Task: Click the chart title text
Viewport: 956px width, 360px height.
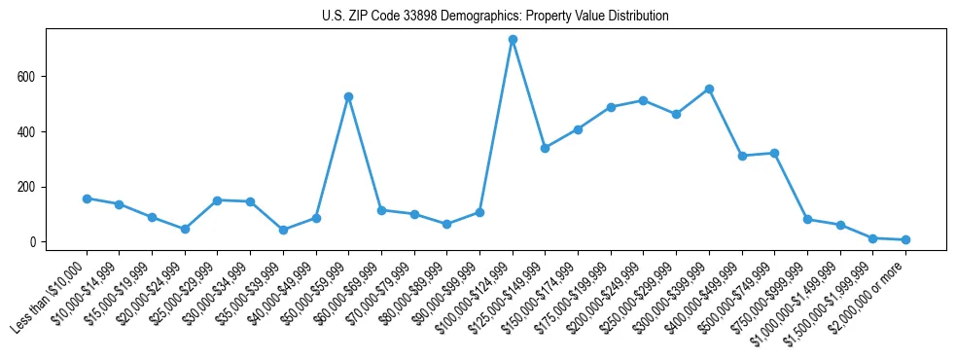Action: click(495, 17)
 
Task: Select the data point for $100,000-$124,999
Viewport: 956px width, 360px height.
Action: click(513, 40)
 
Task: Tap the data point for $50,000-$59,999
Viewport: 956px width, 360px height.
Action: click(348, 97)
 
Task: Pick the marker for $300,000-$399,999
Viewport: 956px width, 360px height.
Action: click(709, 89)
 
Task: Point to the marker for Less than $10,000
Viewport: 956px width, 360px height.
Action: click(87, 198)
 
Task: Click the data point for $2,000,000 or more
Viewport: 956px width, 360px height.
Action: click(905, 239)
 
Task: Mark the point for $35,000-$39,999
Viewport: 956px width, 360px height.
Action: click(283, 231)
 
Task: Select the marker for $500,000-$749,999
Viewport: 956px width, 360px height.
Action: click(774, 153)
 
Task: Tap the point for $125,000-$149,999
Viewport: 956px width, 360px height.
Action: click(545, 148)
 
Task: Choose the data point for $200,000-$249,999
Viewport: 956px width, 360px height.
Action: click(643, 100)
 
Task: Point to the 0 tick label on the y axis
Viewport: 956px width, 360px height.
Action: click(34, 242)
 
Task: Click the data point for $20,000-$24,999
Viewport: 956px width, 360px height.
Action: click(185, 229)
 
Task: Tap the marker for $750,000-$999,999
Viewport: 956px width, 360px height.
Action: click(807, 220)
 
